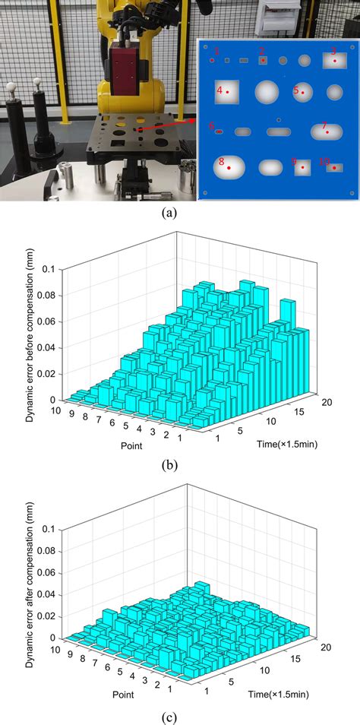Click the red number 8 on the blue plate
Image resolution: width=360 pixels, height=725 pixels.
pyautogui.click(x=221, y=161)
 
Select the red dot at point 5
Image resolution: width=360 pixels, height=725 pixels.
pyautogui.click(x=302, y=93)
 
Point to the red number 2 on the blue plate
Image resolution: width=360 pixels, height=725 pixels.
pyautogui.click(x=261, y=51)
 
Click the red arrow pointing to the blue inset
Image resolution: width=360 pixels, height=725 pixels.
pyautogui.click(x=167, y=124)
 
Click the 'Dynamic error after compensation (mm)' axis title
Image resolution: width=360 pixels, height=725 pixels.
pyautogui.click(x=30, y=578)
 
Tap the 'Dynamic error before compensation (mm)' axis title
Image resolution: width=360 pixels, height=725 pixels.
pyautogui.click(x=30, y=338)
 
